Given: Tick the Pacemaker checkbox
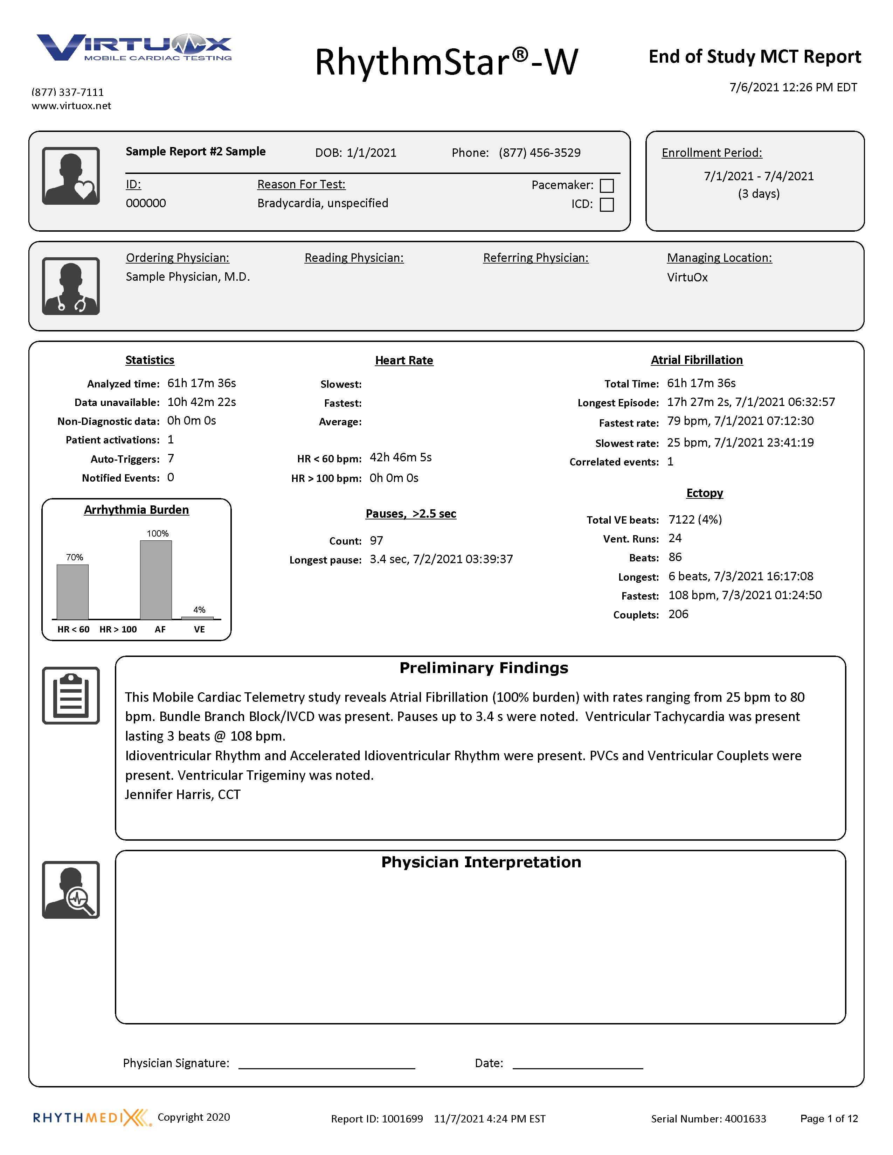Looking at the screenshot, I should pyautogui.click(x=607, y=185).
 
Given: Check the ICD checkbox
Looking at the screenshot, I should pyautogui.click(x=607, y=205).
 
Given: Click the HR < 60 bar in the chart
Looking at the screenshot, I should pyautogui.click(x=72, y=592).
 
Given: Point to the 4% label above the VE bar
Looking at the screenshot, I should pyautogui.click(x=199, y=610).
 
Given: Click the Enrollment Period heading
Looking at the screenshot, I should pyautogui.click(x=712, y=153).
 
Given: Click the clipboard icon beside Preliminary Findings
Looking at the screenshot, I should pyautogui.click(x=71, y=695).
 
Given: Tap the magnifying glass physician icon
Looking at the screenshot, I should pyautogui.click(x=71, y=890).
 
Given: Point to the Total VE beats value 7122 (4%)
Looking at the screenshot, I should pyautogui.click(x=695, y=519).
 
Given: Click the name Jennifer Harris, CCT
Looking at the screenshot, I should pyautogui.click(x=182, y=795).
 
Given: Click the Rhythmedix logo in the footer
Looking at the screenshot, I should pyautogui.click(x=91, y=1118).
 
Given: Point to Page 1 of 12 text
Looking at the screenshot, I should pyautogui.click(x=829, y=1119).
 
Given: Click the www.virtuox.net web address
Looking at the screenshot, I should pyautogui.click(x=71, y=106).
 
